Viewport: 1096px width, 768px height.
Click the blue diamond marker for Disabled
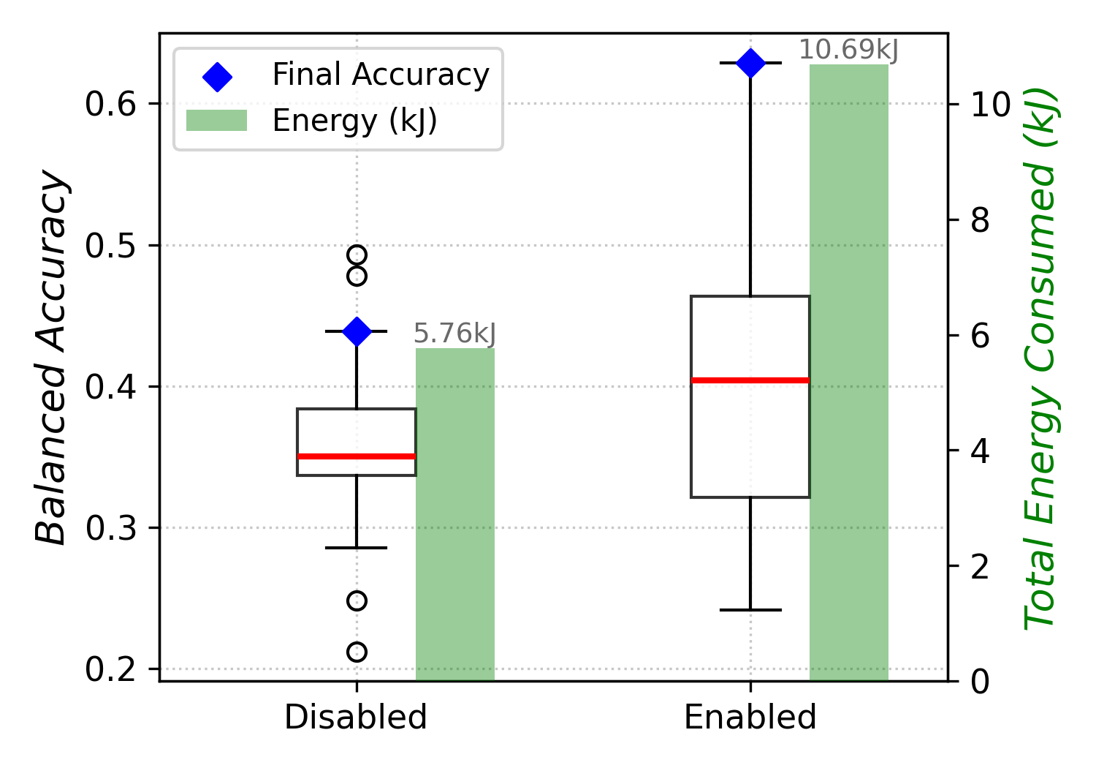357,331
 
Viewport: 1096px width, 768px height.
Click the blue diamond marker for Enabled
750,64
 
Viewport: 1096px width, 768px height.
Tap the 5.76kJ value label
454,334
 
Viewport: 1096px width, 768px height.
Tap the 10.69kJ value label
848,50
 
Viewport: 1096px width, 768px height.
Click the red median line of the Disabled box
357,456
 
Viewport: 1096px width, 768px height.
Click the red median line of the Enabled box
750,380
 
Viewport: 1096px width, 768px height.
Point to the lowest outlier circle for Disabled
357,652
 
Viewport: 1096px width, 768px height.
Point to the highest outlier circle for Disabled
357,255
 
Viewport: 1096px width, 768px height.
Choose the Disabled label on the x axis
356,718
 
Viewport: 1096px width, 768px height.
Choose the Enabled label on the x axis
750,718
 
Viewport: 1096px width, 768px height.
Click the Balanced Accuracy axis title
53,357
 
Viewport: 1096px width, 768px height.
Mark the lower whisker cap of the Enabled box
750,610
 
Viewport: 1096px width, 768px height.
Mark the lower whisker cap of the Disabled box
357,548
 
